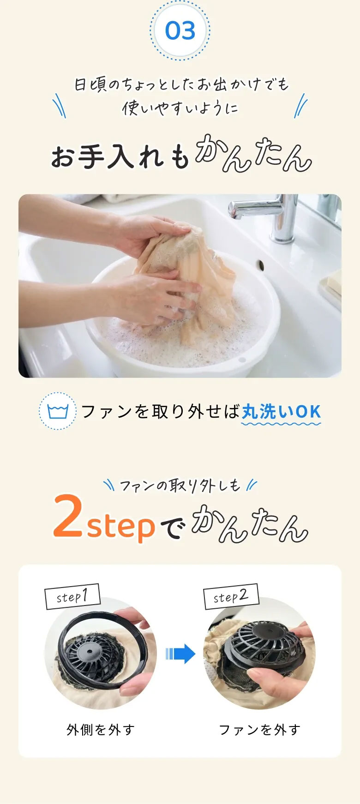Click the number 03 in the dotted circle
point(180,31)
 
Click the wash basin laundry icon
point(58,411)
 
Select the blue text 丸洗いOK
point(281,412)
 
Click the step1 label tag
point(72,597)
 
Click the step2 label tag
point(231,596)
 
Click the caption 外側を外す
point(100,730)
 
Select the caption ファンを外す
point(259,730)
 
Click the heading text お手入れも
point(120,156)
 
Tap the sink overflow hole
point(261,265)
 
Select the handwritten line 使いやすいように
point(180,108)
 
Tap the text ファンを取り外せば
point(161,412)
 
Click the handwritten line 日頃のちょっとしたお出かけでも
point(181,84)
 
